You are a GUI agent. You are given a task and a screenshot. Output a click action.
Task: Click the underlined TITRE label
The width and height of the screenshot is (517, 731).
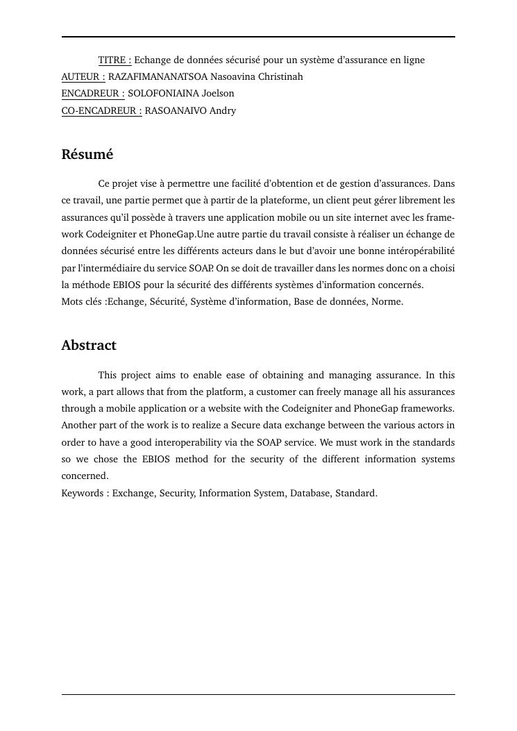coord(115,60)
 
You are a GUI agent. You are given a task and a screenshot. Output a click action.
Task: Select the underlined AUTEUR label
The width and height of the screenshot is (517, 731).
coord(83,76)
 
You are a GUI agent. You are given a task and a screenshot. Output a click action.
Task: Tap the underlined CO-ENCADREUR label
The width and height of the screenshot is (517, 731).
coord(101,110)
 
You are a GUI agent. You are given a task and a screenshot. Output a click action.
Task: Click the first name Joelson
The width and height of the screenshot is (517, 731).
coord(218,93)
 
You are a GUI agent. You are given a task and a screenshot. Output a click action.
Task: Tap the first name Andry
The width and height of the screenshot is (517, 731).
coord(223,110)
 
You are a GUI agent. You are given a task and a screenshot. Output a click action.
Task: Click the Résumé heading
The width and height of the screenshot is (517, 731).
coord(87,154)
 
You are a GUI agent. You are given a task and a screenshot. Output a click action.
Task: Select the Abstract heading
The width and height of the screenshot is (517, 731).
coord(89,345)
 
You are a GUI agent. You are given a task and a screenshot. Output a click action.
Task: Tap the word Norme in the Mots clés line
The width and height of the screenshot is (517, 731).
coord(387,301)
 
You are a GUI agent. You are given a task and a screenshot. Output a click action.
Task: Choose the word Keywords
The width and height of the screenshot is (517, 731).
coord(82,493)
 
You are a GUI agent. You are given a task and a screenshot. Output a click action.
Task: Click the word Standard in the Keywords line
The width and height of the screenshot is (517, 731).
coord(356,493)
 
